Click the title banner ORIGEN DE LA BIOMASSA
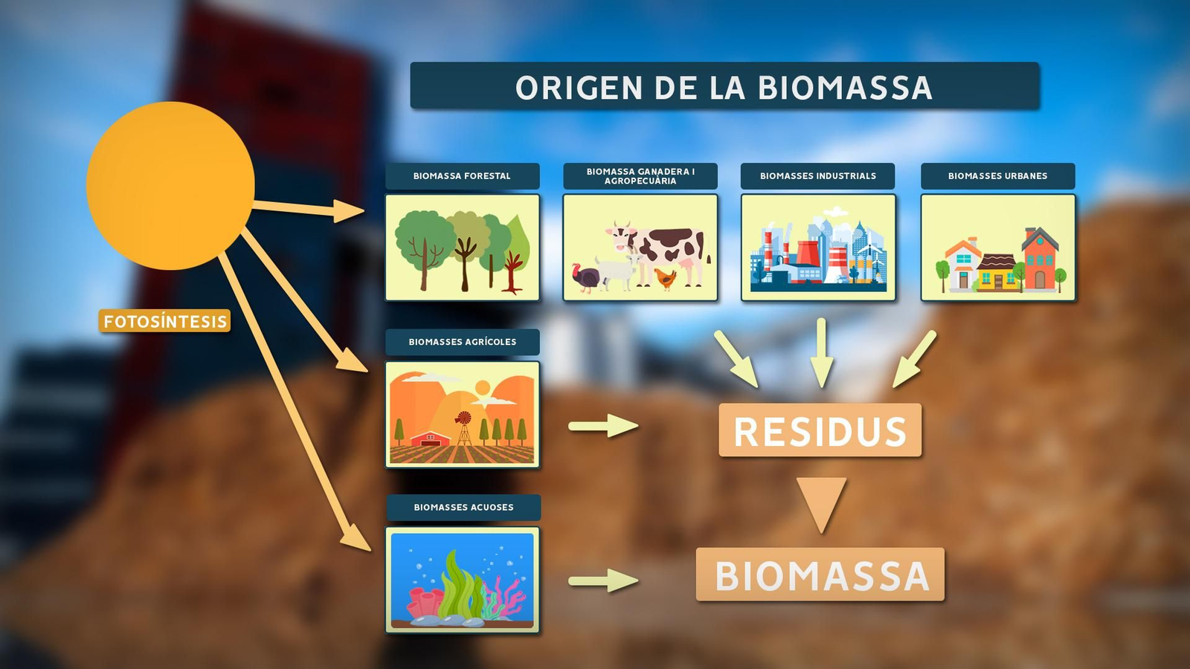[724, 86]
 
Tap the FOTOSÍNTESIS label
[164, 321]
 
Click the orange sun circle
[170, 186]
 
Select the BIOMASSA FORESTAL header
[462, 176]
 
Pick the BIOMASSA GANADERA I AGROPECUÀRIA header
[640, 176]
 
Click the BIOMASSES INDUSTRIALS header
[817, 176]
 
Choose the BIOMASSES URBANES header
[997, 176]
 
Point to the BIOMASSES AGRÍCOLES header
[462, 342]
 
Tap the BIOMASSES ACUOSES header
[463, 508]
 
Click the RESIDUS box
[820, 430]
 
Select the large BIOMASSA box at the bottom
[820, 575]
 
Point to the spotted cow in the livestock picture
[666, 249]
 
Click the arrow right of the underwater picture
[603, 581]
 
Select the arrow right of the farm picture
[603, 426]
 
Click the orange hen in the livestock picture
[666, 279]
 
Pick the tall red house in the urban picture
[1040, 260]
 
